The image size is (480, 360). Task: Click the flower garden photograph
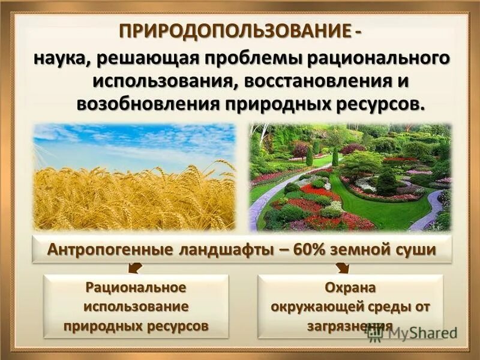tap(350, 177)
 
